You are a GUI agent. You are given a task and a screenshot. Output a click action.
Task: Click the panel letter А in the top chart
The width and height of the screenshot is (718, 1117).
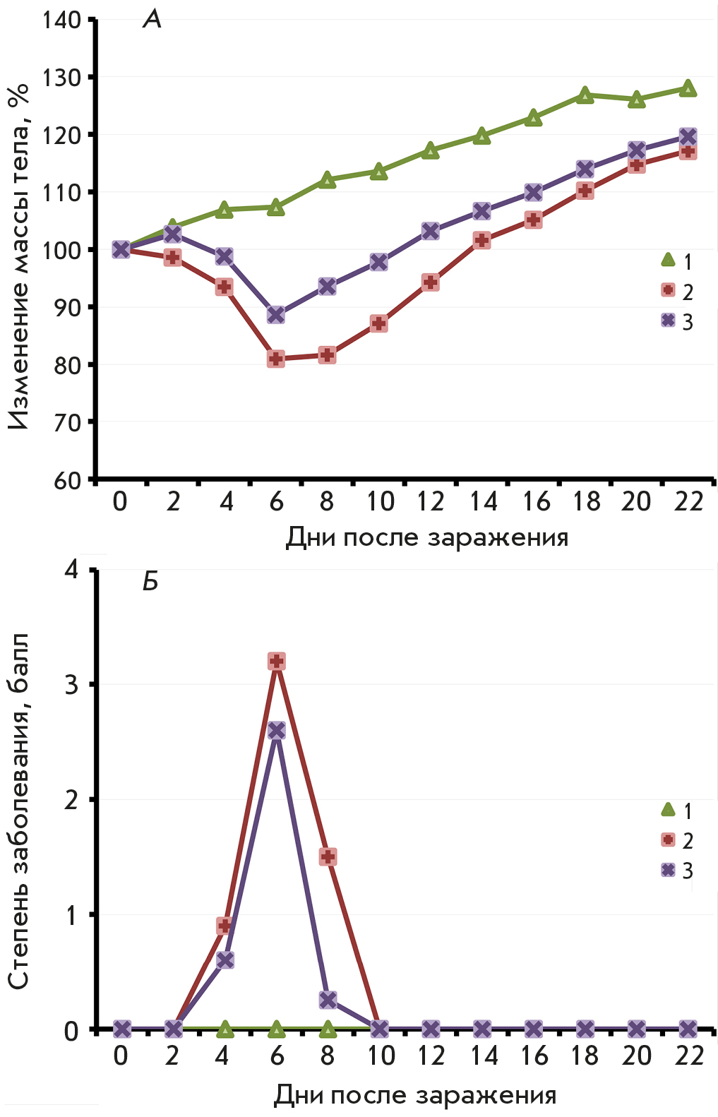(x=152, y=20)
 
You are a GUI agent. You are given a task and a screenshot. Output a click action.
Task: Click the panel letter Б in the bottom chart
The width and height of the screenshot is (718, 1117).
(x=150, y=582)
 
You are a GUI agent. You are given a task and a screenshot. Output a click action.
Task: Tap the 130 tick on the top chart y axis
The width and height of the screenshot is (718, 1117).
(x=61, y=77)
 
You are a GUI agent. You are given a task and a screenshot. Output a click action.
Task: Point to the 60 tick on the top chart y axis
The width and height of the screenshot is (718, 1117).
(x=68, y=481)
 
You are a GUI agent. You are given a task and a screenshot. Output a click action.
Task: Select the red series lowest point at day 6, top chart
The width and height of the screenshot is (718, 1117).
(x=276, y=359)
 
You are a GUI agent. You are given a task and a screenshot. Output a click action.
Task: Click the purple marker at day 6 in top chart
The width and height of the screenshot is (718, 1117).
(x=276, y=315)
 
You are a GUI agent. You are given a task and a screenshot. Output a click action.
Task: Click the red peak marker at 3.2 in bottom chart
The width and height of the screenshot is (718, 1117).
(x=277, y=662)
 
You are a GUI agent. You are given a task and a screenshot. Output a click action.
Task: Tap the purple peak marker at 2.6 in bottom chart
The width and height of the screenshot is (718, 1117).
(x=277, y=731)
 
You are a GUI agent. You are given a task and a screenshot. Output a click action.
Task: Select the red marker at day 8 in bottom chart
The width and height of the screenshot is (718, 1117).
(x=328, y=857)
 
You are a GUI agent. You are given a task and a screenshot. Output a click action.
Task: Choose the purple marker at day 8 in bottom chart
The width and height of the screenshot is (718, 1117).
(x=328, y=1000)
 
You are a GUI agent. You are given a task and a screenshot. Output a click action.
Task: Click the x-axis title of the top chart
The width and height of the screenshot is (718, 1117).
(x=426, y=538)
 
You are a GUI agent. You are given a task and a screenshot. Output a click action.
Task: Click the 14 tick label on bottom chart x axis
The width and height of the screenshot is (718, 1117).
(x=484, y=1056)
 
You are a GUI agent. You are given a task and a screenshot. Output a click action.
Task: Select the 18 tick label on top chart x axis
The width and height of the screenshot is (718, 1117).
(x=586, y=502)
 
